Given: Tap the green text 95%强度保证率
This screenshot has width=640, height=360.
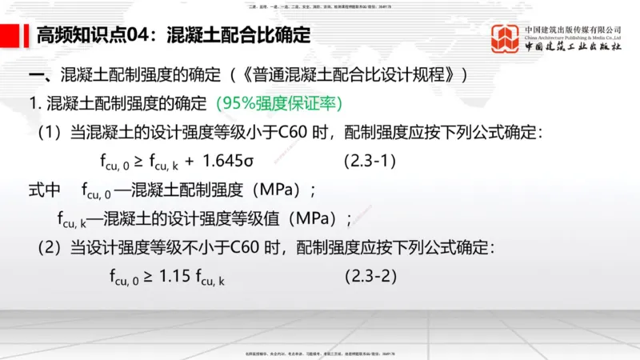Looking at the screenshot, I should click(x=278, y=104).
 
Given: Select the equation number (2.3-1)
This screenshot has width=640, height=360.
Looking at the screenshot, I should click(x=370, y=160).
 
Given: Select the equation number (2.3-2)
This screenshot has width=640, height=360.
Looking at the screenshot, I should click(x=370, y=277).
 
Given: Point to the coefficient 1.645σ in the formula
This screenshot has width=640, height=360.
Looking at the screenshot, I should click(x=229, y=160).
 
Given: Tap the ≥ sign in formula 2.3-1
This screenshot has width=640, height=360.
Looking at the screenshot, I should click(x=138, y=160).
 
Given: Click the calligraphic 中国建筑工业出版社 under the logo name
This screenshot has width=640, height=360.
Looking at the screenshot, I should click(x=573, y=47).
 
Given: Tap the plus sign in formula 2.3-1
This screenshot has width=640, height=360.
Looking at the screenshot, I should click(x=189, y=160).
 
